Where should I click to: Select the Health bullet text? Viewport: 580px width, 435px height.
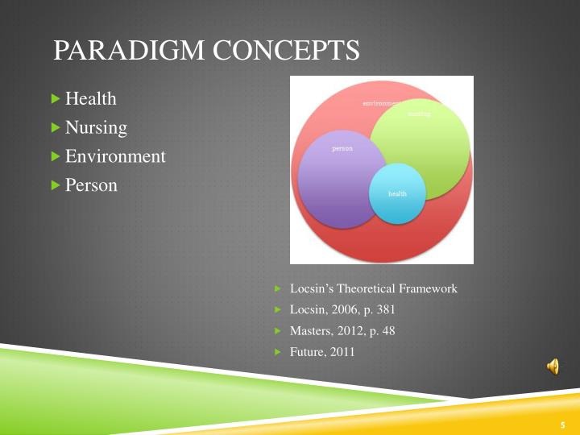tap(90, 99)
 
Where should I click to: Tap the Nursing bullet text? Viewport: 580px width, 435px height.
tap(96, 127)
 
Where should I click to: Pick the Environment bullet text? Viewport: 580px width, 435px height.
tap(115, 156)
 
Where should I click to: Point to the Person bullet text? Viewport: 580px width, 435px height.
tap(91, 185)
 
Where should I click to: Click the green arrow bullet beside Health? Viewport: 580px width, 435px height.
tap(56, 99)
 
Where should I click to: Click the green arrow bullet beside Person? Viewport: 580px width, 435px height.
tap(56, 185)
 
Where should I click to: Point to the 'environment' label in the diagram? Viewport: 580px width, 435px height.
tap(380, 104)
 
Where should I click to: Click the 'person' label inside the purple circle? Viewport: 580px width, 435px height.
tap(342, 149)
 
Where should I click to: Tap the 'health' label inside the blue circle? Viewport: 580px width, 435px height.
tap(397, 194)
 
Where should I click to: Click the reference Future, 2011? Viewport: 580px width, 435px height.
tap(322, 352)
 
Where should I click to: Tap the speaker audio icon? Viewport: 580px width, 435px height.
tap(553, 367)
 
